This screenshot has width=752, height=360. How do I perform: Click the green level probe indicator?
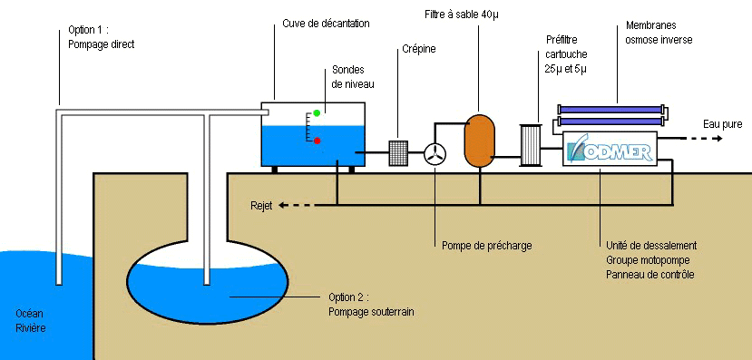tap(317, 112)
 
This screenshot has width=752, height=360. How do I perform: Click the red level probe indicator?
tap(317, 140)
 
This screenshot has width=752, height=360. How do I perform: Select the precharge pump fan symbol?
tap(435, 155)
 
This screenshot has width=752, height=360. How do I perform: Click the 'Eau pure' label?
tap(724, 123)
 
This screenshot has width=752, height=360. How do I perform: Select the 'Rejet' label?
tap(263, 206)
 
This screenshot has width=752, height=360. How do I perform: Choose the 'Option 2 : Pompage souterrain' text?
tap(371, 305)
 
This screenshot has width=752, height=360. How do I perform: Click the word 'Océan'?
tap(30, 314)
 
